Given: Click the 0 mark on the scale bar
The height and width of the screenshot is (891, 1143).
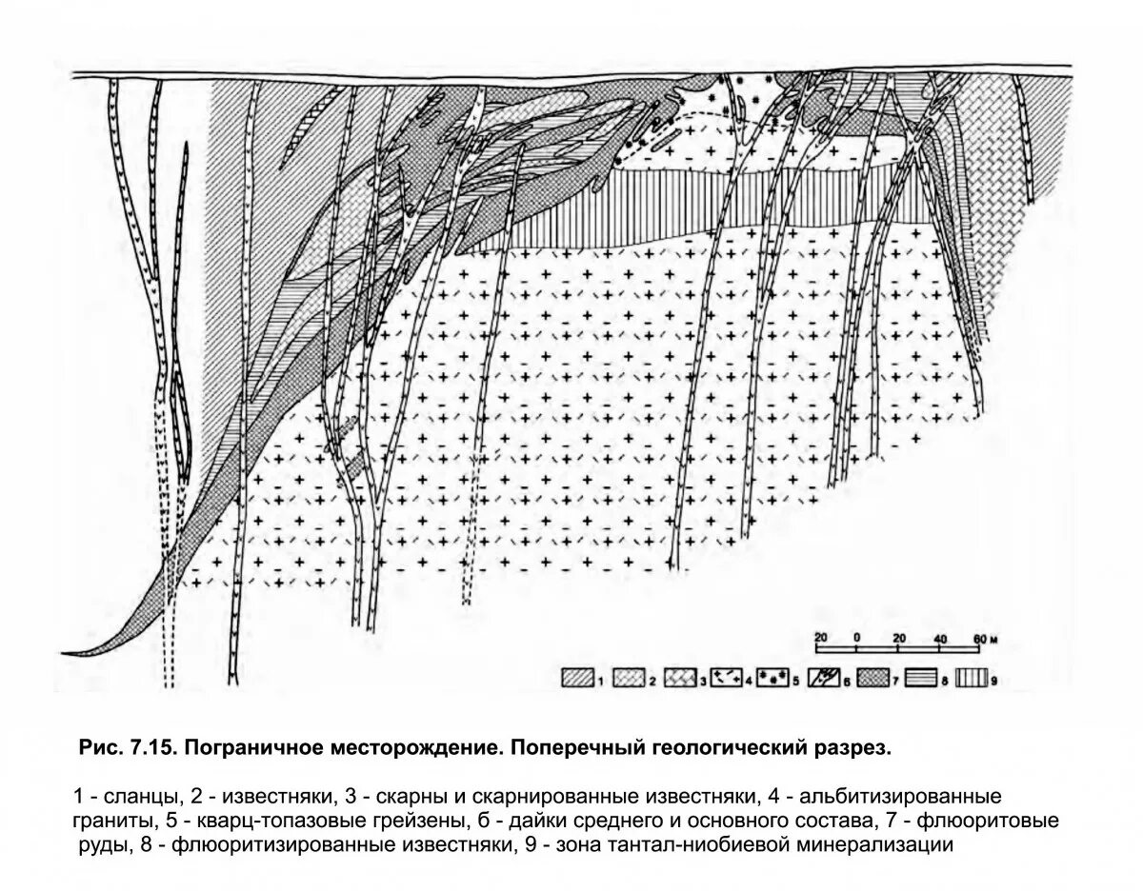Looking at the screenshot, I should [857, 637].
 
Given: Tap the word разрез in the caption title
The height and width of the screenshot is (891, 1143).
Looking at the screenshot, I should [852, 748].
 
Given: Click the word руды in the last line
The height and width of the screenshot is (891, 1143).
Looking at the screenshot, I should [98, 843].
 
